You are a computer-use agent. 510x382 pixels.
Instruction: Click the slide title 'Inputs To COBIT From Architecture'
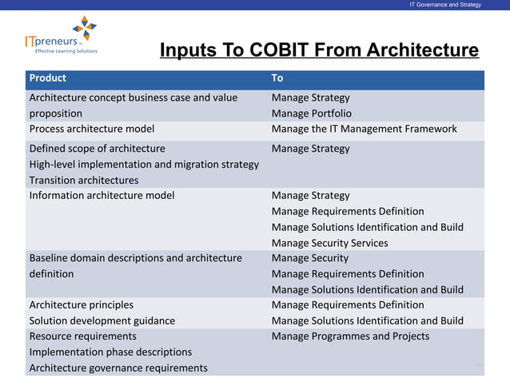pos(319,51)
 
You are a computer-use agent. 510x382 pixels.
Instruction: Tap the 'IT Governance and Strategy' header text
pos(445,5)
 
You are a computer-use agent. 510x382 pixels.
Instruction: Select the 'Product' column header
pos(48,78)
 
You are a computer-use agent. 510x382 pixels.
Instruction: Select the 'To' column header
pos(277,78)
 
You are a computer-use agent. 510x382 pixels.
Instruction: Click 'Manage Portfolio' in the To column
pos(311,113)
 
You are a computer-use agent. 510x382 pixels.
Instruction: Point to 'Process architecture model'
pos(92,129)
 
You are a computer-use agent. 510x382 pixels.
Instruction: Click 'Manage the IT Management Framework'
pos(364,129)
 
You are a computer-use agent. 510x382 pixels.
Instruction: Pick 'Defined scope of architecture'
pos(98,149)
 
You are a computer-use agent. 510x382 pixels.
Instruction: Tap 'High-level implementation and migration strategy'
pos(144,164)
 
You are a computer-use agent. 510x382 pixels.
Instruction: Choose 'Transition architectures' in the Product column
pos(84,180)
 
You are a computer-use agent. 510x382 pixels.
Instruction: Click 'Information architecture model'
pos(102,195)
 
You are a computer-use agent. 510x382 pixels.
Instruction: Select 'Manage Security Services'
pos(329,242)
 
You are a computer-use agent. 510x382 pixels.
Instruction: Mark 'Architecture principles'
pos(82,304)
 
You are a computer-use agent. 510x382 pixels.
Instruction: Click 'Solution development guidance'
pos(102,320)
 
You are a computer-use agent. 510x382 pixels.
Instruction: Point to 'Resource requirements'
pos(83,336)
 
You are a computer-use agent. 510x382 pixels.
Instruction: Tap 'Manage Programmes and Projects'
pos(350,336)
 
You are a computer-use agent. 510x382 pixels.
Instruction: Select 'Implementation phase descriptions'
pos(110,352)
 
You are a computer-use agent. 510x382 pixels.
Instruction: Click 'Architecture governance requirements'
pos(118,368)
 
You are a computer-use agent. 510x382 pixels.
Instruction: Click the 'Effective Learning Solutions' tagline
pos(66,51)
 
